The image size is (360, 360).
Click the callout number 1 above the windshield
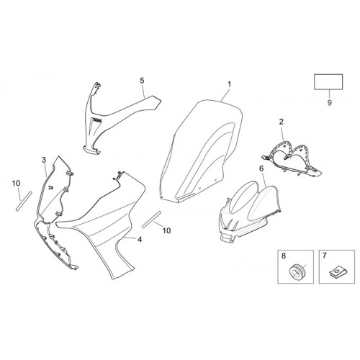point(230,84)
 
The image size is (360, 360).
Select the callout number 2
point(282,122)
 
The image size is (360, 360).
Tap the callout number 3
point(44,160)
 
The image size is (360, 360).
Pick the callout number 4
point(140,239)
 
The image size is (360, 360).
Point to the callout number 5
point(142,81)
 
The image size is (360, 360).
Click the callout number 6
point(261,168)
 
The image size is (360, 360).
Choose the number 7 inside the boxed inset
point(325,256)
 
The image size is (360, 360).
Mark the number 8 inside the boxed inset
point(284,256)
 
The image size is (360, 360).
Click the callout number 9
point(330,102)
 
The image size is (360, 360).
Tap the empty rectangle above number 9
point(328,82)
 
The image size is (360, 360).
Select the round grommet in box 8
point(297,271)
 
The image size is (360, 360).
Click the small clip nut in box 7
point(336,272)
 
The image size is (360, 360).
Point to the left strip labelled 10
point(24,202)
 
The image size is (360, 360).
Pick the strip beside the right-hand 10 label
point(151,220)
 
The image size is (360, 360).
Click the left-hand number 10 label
point(16,184)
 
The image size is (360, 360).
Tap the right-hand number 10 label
point(166,230)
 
